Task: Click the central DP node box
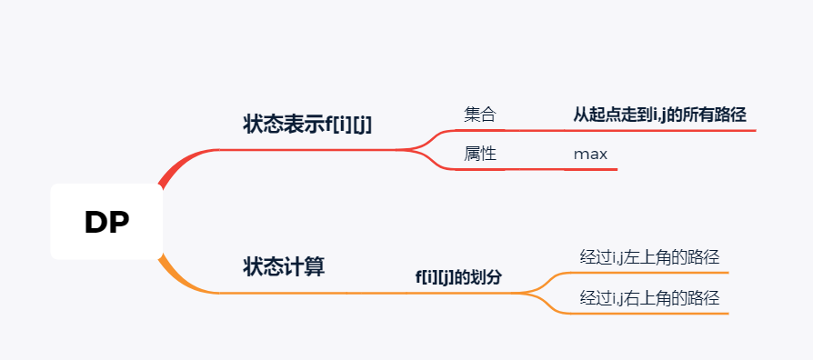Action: [x=106, y=222]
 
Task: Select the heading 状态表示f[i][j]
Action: [x=307, y=125]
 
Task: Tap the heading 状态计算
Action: [x=284, y=267]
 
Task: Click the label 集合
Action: [x=480, y=115]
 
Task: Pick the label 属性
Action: [x=480, y=154]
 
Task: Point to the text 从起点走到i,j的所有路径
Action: [x=659, y=115]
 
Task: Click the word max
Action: [x=590, y=154]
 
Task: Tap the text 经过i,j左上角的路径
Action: [x=655, y=257]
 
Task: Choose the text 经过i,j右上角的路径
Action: [x=655, y=297]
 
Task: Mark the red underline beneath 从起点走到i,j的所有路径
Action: [x=664, y=130]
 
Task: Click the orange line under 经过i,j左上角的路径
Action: [x=655, y=272]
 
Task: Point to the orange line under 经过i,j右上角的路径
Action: [x=655, y=313]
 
